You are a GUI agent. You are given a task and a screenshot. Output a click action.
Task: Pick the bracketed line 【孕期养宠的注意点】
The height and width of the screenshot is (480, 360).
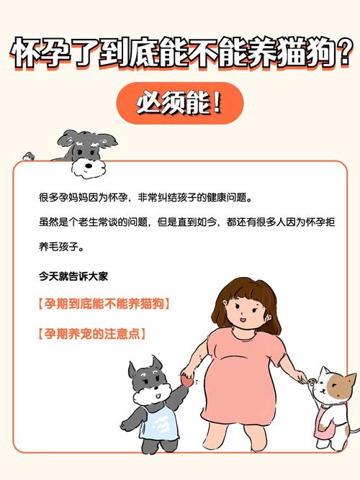[x=91, y=334]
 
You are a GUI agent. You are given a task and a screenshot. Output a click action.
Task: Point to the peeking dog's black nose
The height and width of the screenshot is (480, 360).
[x=87, y=165]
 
